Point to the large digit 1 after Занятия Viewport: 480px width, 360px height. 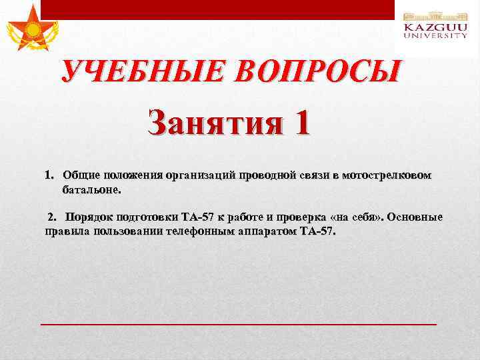point(300,124)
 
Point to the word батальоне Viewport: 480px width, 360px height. point(93,189)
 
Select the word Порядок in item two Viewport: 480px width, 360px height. point(89,217)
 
